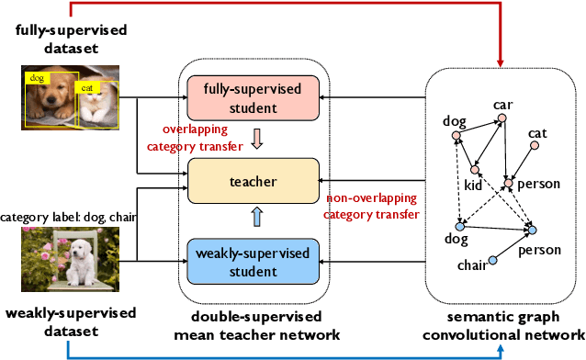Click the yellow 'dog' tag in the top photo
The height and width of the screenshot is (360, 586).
click(x=37, y=79)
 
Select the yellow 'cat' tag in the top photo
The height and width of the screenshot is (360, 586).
click(x=88, y=88)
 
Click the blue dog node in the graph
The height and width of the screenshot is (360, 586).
click(x=459, y=226)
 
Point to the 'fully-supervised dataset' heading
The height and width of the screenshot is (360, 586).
click(x=71, y=39)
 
